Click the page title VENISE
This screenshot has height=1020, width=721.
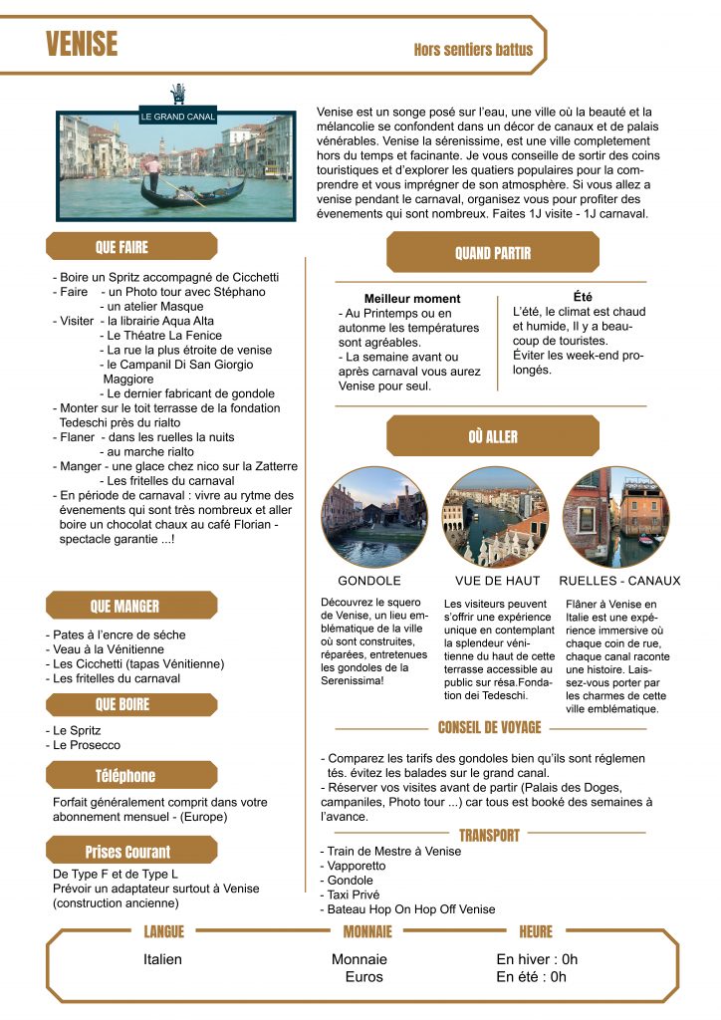(82, 45)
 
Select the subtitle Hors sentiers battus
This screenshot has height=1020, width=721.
(473, 50)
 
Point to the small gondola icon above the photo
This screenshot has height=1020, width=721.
(178, 95)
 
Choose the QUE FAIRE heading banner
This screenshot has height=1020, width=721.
(130, 246)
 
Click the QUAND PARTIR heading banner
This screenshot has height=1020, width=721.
(493, 253)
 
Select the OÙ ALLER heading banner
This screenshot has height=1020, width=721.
(493, 436)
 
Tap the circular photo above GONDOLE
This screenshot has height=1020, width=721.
(370, 516)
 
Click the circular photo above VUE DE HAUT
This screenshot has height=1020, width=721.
(495, 516)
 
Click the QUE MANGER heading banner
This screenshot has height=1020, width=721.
(130, 606)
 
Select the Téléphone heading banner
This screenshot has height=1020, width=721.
(130, 776)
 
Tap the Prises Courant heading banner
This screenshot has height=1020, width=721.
(130, 852)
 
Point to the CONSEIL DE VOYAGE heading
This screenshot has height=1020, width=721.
(490, 728)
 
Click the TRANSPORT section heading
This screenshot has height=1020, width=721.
(489, 835)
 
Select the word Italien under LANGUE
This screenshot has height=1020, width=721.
(163, 959)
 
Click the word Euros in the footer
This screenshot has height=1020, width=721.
(363, 977)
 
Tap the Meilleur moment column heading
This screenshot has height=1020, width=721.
(412, 298)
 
